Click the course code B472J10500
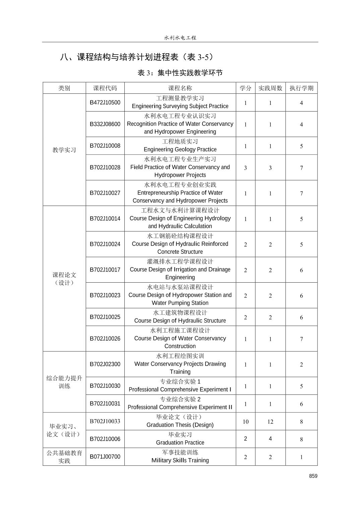tap(105, 102)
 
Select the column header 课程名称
tap(180, 88)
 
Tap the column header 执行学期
tap(301, 88)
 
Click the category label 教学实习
tap(64, 150)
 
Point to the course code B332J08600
tap(105, 124)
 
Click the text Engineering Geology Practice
tap(180, 149)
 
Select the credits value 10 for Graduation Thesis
tap(245, 422)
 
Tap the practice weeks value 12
tap(270, 422)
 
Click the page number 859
tap(313, 476)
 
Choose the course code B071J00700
tap(105, 457)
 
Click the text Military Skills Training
tap(180, 460)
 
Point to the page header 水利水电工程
tap(180, 38)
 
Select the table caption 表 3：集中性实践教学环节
tap(180, 73)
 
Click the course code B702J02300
tap(105, 364)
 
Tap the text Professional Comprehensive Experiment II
tap(180, 407)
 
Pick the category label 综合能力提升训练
tap(64, 382)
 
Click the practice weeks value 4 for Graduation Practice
tap(270, 439)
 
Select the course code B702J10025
tap(105, 317)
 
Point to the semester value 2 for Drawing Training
tap(301, 365)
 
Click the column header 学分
tap(245, 88)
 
